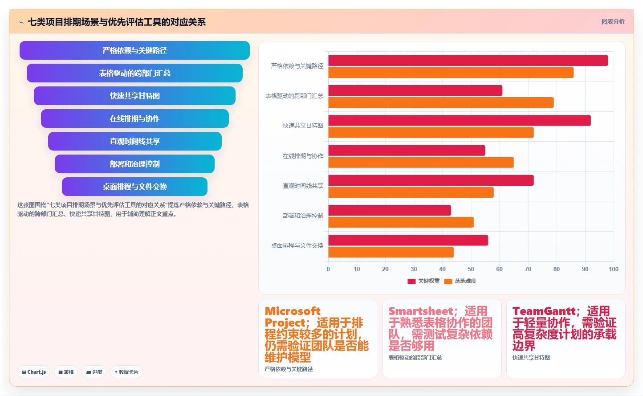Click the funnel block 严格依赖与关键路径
134,50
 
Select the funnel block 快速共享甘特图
134,96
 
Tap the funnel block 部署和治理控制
134,164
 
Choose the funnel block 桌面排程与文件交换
134,187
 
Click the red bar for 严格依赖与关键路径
468,61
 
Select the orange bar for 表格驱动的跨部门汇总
441,102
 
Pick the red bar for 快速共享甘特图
460,120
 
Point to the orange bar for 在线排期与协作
421,162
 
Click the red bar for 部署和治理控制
390,210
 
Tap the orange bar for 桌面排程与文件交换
391,252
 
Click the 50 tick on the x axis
471,269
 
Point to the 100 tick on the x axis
614,269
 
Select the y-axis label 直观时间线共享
303,186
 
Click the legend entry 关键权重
423,281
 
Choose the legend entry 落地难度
460,281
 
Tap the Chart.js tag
34,372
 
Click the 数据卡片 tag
126,372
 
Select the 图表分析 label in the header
613,21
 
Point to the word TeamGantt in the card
544,311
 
